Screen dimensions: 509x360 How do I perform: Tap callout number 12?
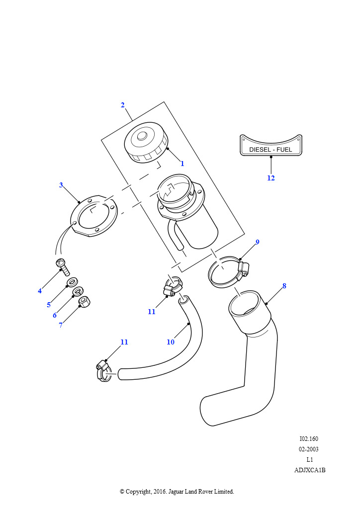pyautogui.click(x=271, y=178)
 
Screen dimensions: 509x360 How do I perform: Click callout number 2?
pyautogui.click(x=123, y=105)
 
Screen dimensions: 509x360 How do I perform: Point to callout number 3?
pyautogui.click(x=61, y=185)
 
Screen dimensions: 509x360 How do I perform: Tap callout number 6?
pyautogui.click(x=55, y=315)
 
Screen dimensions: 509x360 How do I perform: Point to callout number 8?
pyautogui.click(x=284, y=286)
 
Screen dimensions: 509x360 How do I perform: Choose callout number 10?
pyautogui.click(x=171, y=342)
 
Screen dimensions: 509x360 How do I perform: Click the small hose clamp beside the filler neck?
pyautogui.click(x=173, y=287)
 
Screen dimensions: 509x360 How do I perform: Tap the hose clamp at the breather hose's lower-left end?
pyautogui.click(x=104, y=371)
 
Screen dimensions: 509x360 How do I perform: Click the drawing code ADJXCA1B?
pyautogui.click(x=310, y=470)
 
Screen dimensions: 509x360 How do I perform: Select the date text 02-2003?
pyautogui.click(x=309, y=449)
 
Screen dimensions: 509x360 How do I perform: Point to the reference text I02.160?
pyautogui.click(x=309, y=439)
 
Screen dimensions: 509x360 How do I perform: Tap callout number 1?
pyautogui.click(x=182, y=163)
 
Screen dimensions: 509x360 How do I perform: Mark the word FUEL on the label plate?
pyautogui.click(x=289, y=149)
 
